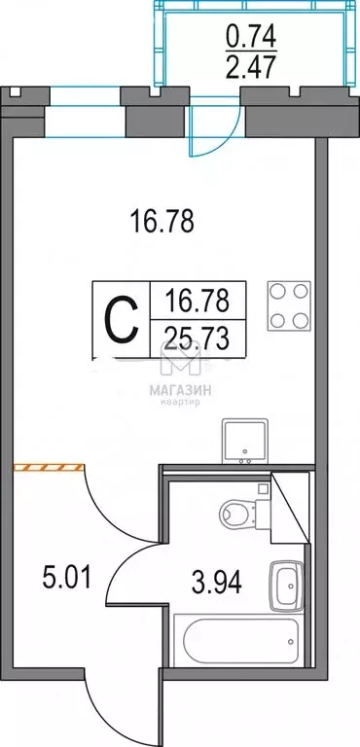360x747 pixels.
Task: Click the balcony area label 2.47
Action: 252,67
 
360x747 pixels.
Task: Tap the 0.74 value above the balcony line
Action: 252,36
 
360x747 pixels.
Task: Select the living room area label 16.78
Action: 162,222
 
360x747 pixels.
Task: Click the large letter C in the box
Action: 122,320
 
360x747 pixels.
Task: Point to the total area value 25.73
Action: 198,339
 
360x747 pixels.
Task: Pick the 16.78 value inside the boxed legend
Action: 198,301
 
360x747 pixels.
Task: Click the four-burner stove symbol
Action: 289,305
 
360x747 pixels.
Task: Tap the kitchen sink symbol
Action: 244,442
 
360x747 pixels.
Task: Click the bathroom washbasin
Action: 286,586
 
